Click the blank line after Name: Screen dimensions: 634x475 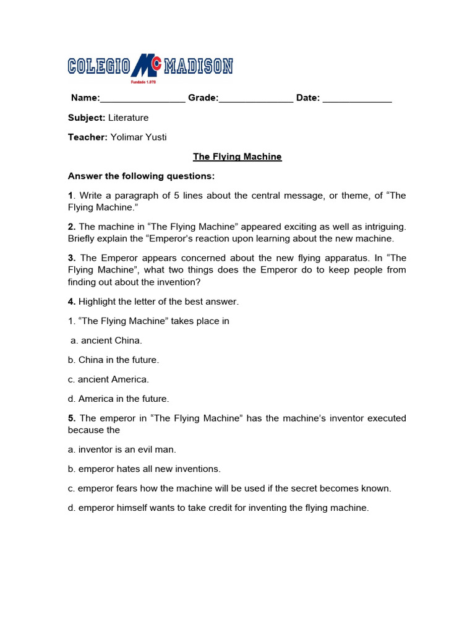pos(142,99)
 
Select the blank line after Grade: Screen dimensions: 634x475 pos(256,99)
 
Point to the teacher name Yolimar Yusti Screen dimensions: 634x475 pos(139,137)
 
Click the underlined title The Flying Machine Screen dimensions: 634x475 pos(237,157)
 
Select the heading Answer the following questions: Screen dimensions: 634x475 pos(141,176)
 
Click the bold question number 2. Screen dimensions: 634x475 pos(71,227)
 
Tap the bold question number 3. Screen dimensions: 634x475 pos(71,258)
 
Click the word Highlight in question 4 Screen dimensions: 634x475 pos(98,302)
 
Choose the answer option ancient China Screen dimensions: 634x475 pos(106,340)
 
